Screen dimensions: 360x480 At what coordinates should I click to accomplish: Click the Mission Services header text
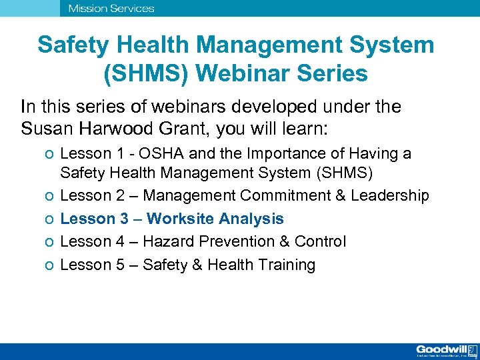[111, 9]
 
